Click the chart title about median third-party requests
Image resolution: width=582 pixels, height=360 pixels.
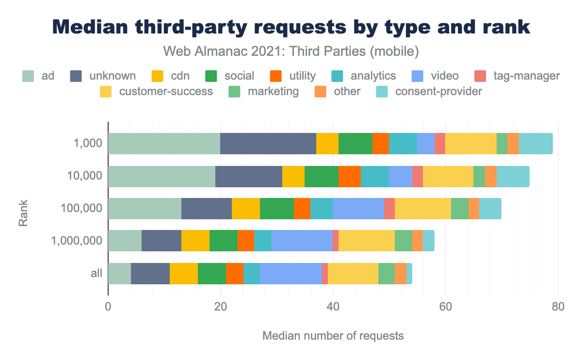pyautogui.click(x=291, y=27)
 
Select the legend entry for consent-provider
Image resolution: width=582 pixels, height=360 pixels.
pyautogui.click(x=429, y=91)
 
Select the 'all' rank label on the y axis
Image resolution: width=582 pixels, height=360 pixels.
pyautogui.click(x=96, y=274)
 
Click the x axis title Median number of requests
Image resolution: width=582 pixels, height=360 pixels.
pyautogui.click(x=333, y=336)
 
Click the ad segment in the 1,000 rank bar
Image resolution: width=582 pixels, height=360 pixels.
pyautogui.click(x=164, y=144)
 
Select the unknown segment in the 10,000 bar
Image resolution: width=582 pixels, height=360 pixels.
pyautogui.click(x=248, y=176)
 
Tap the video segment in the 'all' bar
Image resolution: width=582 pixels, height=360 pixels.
pyautogui.click(x=291, y=274)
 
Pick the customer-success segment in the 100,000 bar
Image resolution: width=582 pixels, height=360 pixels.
pyautogui.click(x=423, y=209)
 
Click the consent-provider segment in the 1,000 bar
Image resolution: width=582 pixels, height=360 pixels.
pyautogui.click(x=535, y=144)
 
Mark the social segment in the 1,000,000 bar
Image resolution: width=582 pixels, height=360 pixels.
pyautogui.click(x=223, y=241)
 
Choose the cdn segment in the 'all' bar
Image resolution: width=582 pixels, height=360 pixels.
pyautogui.click(x=184, y=274)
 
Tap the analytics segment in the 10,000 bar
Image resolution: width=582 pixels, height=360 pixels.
pyautogui.click(x=375, y=176)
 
